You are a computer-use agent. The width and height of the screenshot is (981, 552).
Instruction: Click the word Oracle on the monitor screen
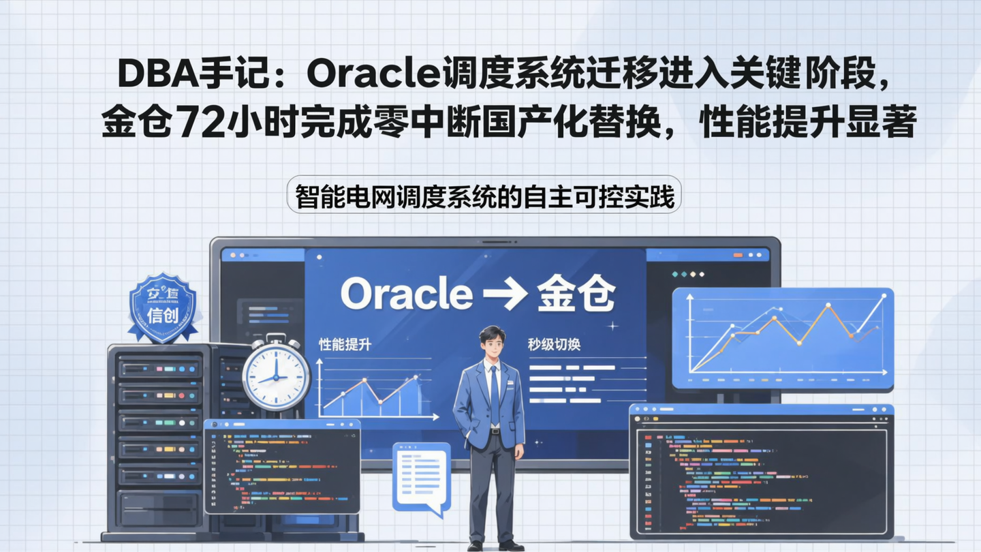click(406, 294)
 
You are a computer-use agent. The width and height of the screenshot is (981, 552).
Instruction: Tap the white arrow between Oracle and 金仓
click(504, 295)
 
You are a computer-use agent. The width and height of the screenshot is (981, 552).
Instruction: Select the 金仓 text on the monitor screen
click(576, 294)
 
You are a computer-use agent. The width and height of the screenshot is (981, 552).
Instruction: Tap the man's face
click(492, 347)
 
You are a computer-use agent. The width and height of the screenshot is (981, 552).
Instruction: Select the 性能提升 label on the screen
click(345, 345)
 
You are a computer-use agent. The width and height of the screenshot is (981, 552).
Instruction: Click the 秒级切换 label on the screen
click(554, 345)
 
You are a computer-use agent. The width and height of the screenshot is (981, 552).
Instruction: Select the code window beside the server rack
click(282, 467)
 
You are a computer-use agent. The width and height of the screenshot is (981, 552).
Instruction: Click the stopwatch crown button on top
click(276, 337)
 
